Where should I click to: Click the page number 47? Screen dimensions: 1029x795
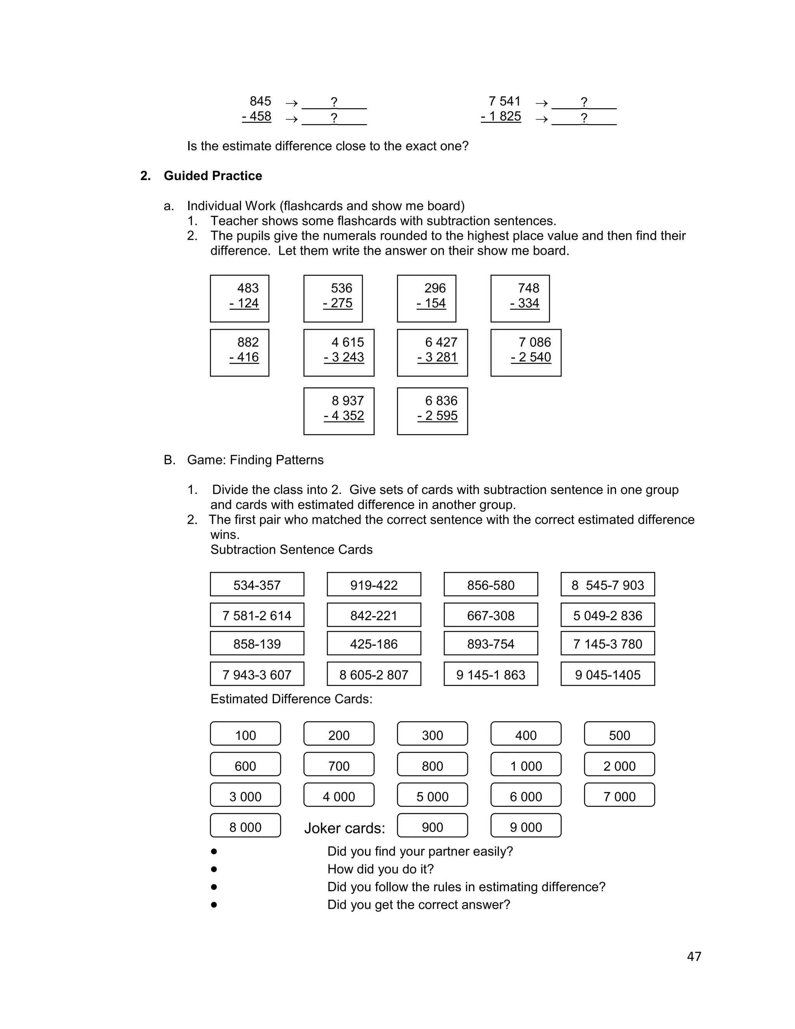click(x=694, y=956)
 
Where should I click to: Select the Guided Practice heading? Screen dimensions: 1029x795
click(x=212, y=176)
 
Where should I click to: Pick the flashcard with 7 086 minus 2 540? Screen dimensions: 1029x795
click(x=526, y=353)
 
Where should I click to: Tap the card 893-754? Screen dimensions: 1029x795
click(x=490, y=643)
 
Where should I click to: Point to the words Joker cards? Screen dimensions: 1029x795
click(x=344, y=828)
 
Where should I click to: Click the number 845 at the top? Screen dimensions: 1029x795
click(x=260, y=101)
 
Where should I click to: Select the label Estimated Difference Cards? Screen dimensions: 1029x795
click(x=291, y=699)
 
